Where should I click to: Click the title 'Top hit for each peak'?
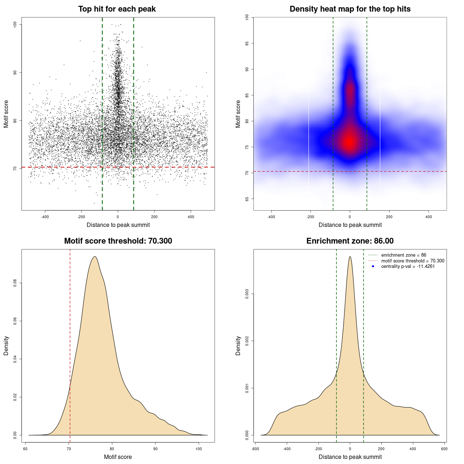coord(117,9)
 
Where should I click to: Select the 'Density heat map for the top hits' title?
coord(350,9)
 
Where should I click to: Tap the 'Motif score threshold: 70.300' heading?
coord(118,241)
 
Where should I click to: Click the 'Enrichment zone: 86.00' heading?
coord(350,241)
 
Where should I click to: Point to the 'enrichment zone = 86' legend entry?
coord(403,255)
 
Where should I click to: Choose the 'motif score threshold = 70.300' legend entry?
coord(413,261)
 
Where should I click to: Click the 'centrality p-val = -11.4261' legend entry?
coord(408,266)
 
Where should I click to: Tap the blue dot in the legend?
coord(373,266)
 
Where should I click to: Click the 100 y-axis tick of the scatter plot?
coord(15,24)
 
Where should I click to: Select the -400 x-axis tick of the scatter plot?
coord(45,217)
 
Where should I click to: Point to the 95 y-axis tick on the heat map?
coord(247,43)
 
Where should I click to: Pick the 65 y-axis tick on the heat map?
coord(247,199)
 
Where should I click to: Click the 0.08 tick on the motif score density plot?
coord(15,283)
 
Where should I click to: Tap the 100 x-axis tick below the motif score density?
coord(199,449)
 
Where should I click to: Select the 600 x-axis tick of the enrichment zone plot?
coord(444,449)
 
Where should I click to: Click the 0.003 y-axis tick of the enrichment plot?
coord(247,294)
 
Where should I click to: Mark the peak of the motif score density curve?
coord(95,257)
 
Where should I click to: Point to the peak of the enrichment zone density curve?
coord(350,257)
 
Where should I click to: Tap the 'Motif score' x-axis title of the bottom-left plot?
coord(118,457)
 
